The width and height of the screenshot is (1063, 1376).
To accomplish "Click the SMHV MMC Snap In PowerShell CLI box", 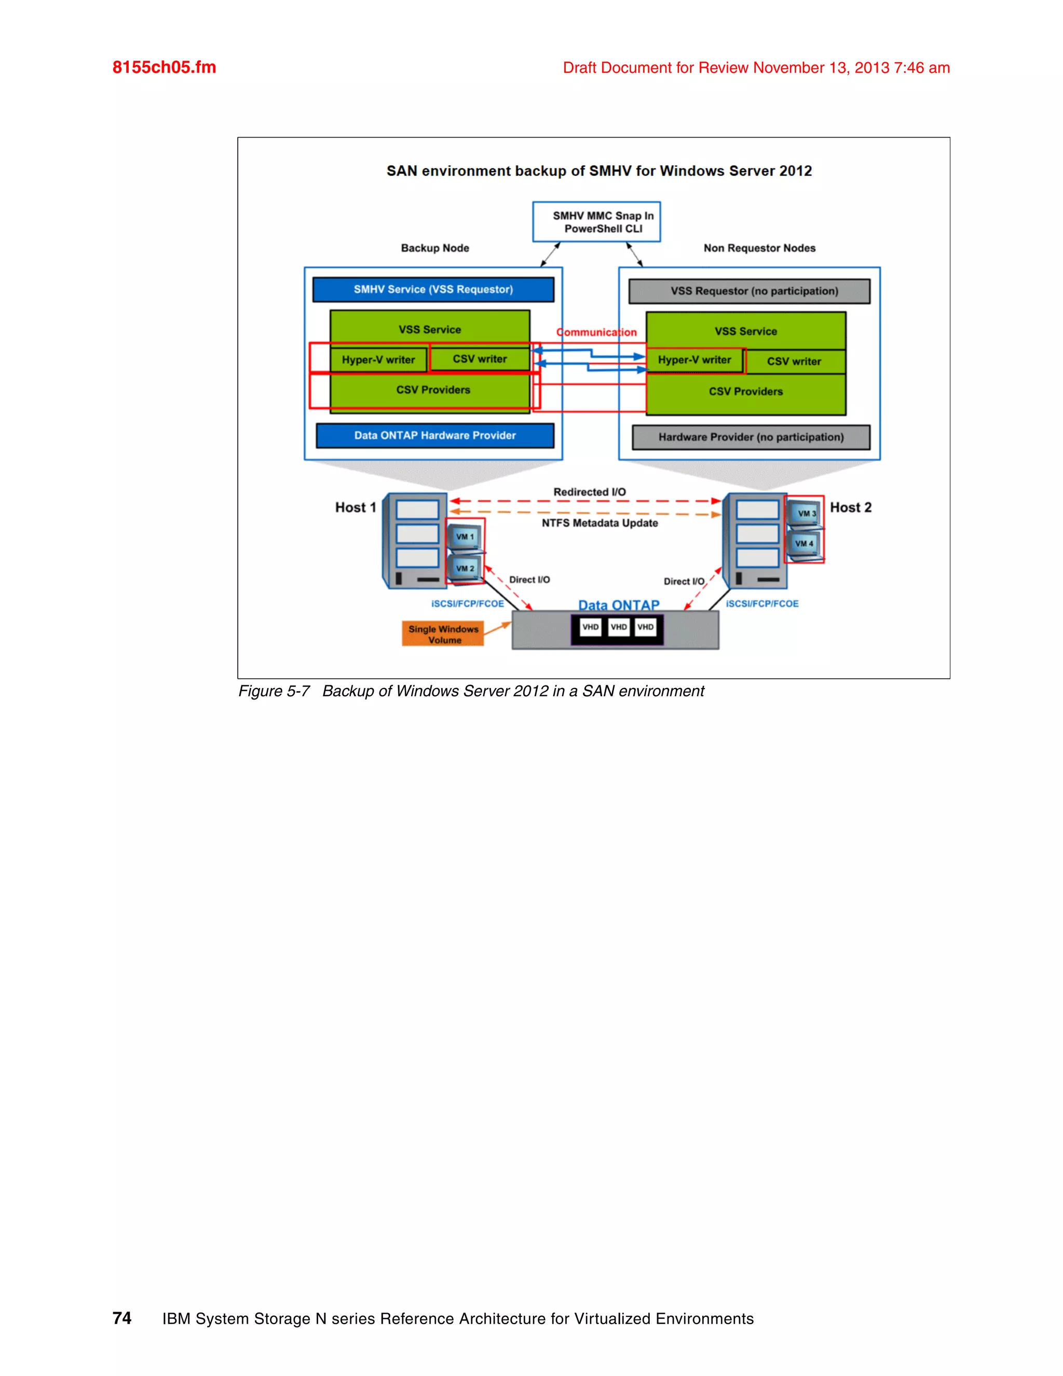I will point(596,222).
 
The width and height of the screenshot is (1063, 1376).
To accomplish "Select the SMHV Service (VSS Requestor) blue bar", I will point(433,289).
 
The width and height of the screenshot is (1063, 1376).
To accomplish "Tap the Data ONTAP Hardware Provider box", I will point(434,435).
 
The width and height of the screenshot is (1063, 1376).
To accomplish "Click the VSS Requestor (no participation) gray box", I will point(749,291).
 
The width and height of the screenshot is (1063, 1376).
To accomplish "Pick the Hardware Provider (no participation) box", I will point(751,437).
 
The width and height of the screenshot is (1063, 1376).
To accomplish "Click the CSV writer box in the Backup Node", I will point(480,359).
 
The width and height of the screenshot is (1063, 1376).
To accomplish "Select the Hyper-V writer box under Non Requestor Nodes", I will point(694,360).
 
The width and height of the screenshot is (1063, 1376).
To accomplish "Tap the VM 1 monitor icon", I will point(465,537).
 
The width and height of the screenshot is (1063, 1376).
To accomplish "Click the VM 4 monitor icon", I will point(803,543).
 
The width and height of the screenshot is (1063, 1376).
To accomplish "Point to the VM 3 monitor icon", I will point(805,513).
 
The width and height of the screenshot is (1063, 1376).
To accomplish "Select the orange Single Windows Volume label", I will point(443,634).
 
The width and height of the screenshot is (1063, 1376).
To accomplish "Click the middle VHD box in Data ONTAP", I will point(618,627).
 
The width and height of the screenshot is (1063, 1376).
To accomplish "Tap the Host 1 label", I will point(355,507).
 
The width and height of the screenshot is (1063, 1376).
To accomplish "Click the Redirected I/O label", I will point(590,492).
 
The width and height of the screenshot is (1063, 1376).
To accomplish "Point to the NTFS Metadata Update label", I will point(599,523).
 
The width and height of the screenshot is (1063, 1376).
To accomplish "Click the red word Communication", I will point(596,332).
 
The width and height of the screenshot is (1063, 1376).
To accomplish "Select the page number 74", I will point(121,1318).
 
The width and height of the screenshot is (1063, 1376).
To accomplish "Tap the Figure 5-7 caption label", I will point(274,691).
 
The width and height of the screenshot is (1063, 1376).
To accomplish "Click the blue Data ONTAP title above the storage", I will point(618,605).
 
